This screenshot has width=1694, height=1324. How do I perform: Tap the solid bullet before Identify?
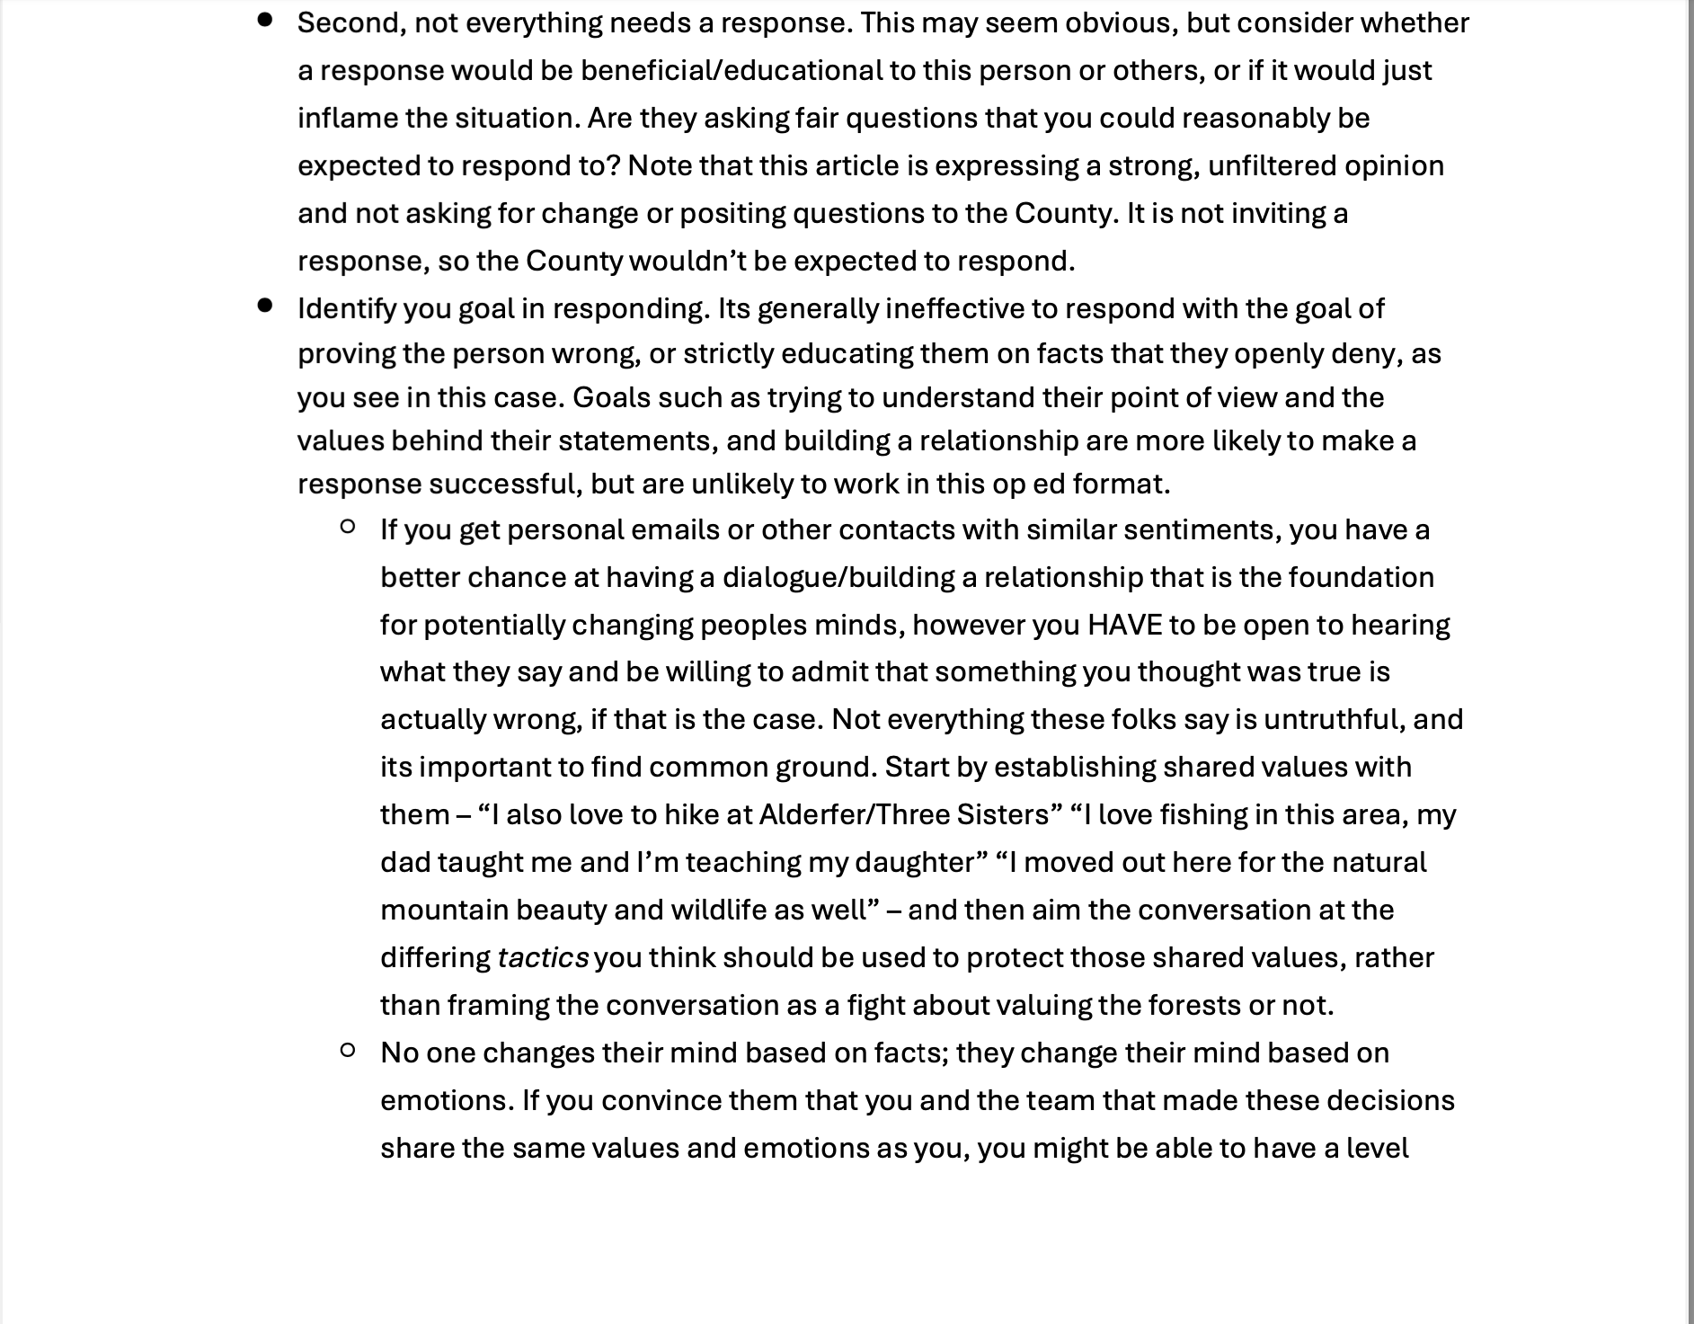(x=265, y=306)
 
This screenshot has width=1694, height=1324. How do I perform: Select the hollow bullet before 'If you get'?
(x=348, y=527)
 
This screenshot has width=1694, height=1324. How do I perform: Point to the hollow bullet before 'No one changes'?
(x=348, y=1050)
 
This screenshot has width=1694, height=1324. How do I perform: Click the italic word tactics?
(x=543, y=957)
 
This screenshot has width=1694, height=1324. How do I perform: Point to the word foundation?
(x=1361, y=577)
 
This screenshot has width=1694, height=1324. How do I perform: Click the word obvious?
(x=1121, y=22)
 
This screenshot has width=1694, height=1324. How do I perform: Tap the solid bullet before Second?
(x=265, y=20)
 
